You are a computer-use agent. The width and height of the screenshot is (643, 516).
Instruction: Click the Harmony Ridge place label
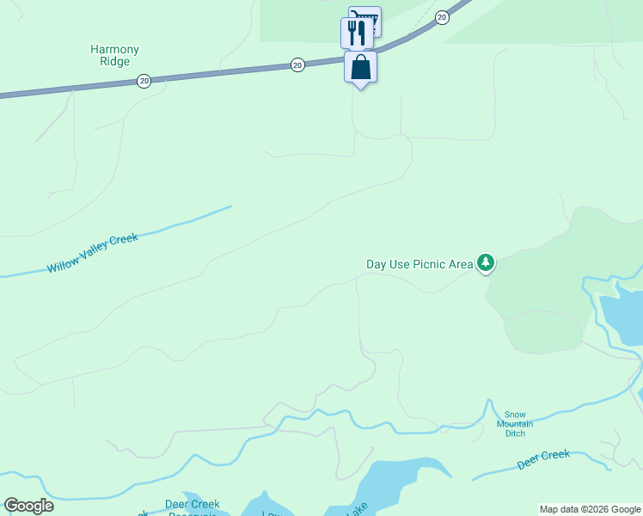[114, 56]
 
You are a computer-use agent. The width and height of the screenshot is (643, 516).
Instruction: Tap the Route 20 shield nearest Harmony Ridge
[144, 80]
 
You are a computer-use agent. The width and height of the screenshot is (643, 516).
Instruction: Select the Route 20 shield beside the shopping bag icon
[297, 64]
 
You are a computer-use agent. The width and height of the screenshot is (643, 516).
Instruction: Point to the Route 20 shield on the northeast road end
[442, 17]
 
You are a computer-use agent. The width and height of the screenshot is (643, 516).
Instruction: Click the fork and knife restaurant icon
[355, 33]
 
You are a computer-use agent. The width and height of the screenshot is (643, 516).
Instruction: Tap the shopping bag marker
[361, 67]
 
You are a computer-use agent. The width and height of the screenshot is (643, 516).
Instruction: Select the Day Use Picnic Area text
[419, 264]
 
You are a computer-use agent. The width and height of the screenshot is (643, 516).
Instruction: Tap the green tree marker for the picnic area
[487, 261]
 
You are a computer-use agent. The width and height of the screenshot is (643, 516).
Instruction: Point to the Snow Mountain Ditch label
[515, 423]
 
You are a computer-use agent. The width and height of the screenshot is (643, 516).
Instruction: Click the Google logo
[28, 506]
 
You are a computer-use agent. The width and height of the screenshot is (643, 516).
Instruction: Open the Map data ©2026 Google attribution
[591, 509]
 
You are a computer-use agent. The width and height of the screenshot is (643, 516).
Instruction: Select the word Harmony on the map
[114, 50]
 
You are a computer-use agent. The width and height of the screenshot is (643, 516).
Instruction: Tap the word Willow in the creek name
[62, 263]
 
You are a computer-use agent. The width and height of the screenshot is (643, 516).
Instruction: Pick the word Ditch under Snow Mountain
[515, 433]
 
